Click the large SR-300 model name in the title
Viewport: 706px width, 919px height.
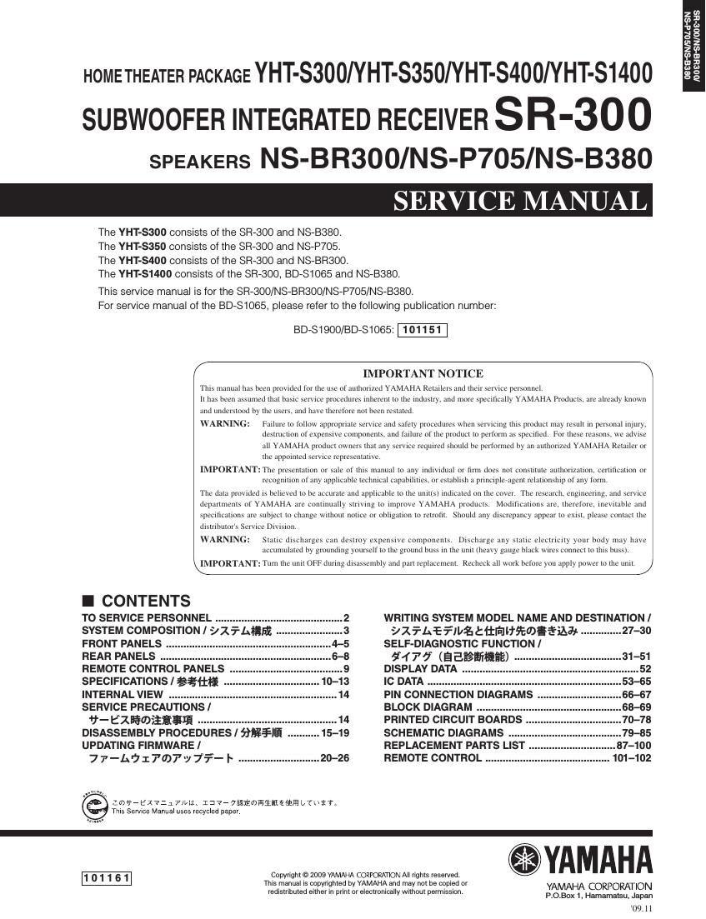[x=573, y=117]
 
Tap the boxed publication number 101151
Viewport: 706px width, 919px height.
[x=423, y=330]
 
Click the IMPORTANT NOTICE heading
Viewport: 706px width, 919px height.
[x=423, y=373]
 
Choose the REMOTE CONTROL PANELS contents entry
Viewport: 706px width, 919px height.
[x=153, y=669]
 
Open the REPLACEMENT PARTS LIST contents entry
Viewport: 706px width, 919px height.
[x=454, y=745]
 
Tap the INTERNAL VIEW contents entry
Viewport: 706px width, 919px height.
[x=123, y=694]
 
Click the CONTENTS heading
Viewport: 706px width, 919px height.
[x=145, y=601]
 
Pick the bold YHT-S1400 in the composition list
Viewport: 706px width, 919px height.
[x=145, y=273]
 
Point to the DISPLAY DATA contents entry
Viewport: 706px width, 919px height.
[x=420, y=669]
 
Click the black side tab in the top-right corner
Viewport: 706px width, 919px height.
[x=693, y=46]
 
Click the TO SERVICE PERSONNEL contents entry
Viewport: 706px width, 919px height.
[x=147, y=618]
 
